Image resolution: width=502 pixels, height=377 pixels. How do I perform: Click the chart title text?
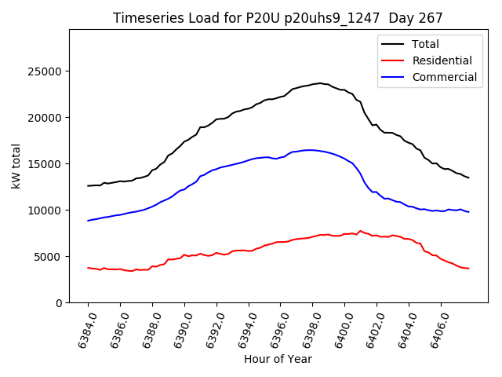click(278, 18)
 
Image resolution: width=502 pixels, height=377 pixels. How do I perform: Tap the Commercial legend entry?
click(444, 77)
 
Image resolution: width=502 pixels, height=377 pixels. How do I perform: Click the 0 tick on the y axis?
click(59, 303)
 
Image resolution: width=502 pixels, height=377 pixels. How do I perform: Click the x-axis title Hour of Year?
click(278, 360)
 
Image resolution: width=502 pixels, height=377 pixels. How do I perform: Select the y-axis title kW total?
click(16, 166)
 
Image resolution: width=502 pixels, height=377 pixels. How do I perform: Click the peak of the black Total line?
click(319, 82)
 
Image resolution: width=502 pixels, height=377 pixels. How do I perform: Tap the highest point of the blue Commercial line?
click(310, 149)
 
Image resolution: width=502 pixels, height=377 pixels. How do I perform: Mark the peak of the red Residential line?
click(360, 231)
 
